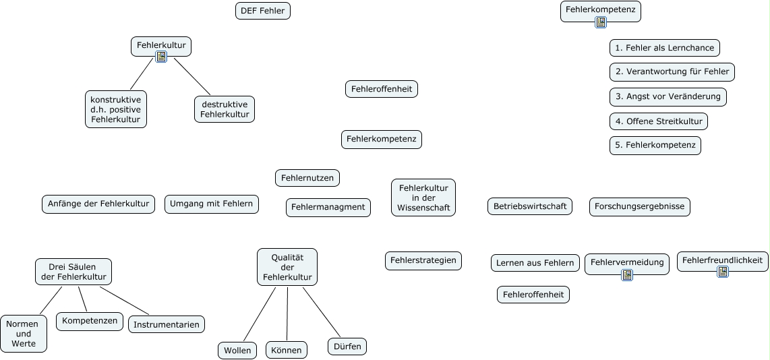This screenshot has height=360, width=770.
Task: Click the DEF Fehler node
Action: pyautogui.click(x=263, y=11)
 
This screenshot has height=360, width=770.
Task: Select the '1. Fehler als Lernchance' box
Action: pyautogui.click(x=664, y=48)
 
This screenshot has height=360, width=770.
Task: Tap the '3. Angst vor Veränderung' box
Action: pyautogui.click(x=668, y=96)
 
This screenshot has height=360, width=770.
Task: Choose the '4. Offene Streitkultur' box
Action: pyautogui.click(x=658, y=121)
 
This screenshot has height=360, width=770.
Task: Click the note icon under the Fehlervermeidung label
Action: pyautogui.click(x=627, y=275)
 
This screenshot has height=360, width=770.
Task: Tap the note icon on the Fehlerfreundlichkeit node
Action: pyautogui.click(x=723, y=272)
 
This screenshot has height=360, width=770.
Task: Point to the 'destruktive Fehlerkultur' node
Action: pyautogui.click(x=225, y=109)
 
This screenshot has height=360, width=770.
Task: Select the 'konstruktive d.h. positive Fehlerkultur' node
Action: pyautogui.click(x=116, y=109)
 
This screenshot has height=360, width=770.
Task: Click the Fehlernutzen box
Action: pyautogui.click(x=307, y=178)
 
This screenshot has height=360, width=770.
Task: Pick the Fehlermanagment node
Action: pyautogui.click(x=328, y=207)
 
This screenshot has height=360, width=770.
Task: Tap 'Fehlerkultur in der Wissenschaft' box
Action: pyautogui.click(x=423, y=198)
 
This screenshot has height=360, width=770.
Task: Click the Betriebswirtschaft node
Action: pyautogui.click(x=529, y=206)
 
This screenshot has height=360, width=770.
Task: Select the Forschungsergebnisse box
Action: pyautogui.click(x=640, y=206)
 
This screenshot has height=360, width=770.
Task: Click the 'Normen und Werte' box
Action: pyautogui.click(x=24, y=334)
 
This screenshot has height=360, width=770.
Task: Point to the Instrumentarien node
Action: pyautogui.click(x=167, y=324)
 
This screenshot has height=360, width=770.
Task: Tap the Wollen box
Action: pyautogui.click(x=237, y=351)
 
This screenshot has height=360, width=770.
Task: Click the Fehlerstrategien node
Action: pyautogui.click(x=423, y=260)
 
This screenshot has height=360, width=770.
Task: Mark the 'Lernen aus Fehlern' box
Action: pyautogui.click(x=535, y=263)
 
